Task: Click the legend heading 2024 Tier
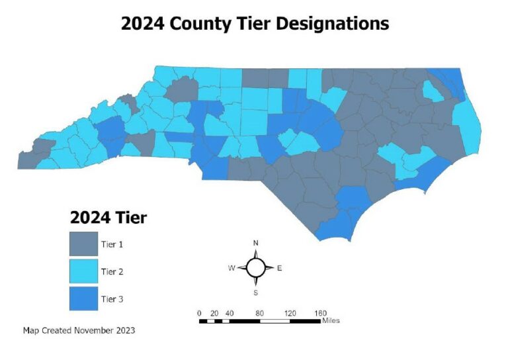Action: [x=108, y=217]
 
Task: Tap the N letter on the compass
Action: [x=256, y=243]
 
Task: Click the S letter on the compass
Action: [x=256, y=292]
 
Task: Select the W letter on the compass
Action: [x=232, y=268]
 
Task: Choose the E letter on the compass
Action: [x=279, y=268]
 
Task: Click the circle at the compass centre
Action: [x=256, y=267]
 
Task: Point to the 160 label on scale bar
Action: [x=320, y=312]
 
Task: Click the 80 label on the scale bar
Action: [x=260, y=312]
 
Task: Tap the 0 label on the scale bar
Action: [x=199, y=312]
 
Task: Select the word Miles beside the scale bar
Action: [x=332, y=321]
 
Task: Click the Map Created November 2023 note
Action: [x=79, y=330]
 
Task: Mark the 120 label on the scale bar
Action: [x=290, y=312]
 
